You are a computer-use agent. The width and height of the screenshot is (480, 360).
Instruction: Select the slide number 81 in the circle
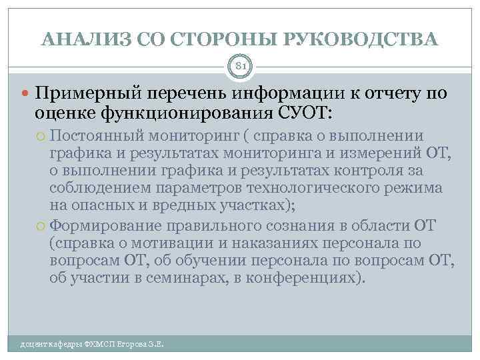point(240,66)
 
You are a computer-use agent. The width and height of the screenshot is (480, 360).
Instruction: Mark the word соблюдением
point(98,189)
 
